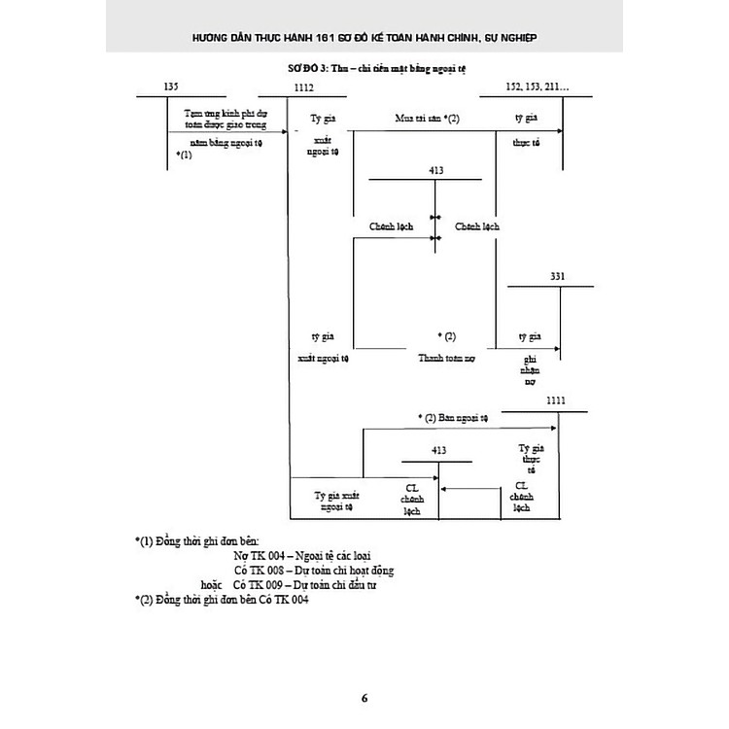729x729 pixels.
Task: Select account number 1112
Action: tap(302, 88)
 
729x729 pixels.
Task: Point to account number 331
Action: tap(557, 277)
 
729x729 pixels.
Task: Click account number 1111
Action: tap(555, 401)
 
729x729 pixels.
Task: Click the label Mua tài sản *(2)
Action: tap(427, 118)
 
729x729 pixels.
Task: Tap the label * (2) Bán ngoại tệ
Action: tap(456, 417)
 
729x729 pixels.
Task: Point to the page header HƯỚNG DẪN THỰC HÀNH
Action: tap(364, 38)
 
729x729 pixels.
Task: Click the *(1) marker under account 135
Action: tap(185, 155)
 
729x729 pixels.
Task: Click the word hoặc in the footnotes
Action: tap(212, 585)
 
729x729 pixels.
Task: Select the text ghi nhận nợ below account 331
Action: tap(530, 370)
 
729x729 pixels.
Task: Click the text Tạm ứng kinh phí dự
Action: tap(226, 114)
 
